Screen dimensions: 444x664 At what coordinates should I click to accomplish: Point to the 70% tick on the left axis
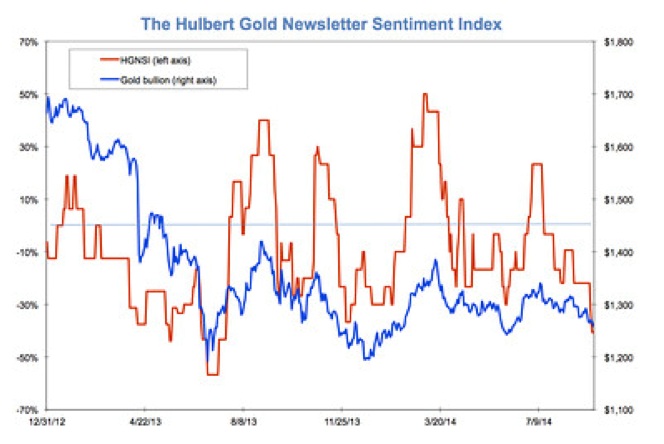coord(27,42)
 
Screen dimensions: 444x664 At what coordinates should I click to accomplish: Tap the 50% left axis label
coord(27,95)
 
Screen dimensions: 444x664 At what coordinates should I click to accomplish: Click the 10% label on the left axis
coord(27,199)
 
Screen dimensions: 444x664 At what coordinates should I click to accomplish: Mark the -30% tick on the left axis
coord(25,304)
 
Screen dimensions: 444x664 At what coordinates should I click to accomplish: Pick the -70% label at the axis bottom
coord(25,409)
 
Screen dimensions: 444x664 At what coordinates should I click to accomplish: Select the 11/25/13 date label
coord(342,423)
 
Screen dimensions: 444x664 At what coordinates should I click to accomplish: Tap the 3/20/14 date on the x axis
coord(441,423)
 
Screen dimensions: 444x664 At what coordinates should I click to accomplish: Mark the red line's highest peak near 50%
coord(425,95)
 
